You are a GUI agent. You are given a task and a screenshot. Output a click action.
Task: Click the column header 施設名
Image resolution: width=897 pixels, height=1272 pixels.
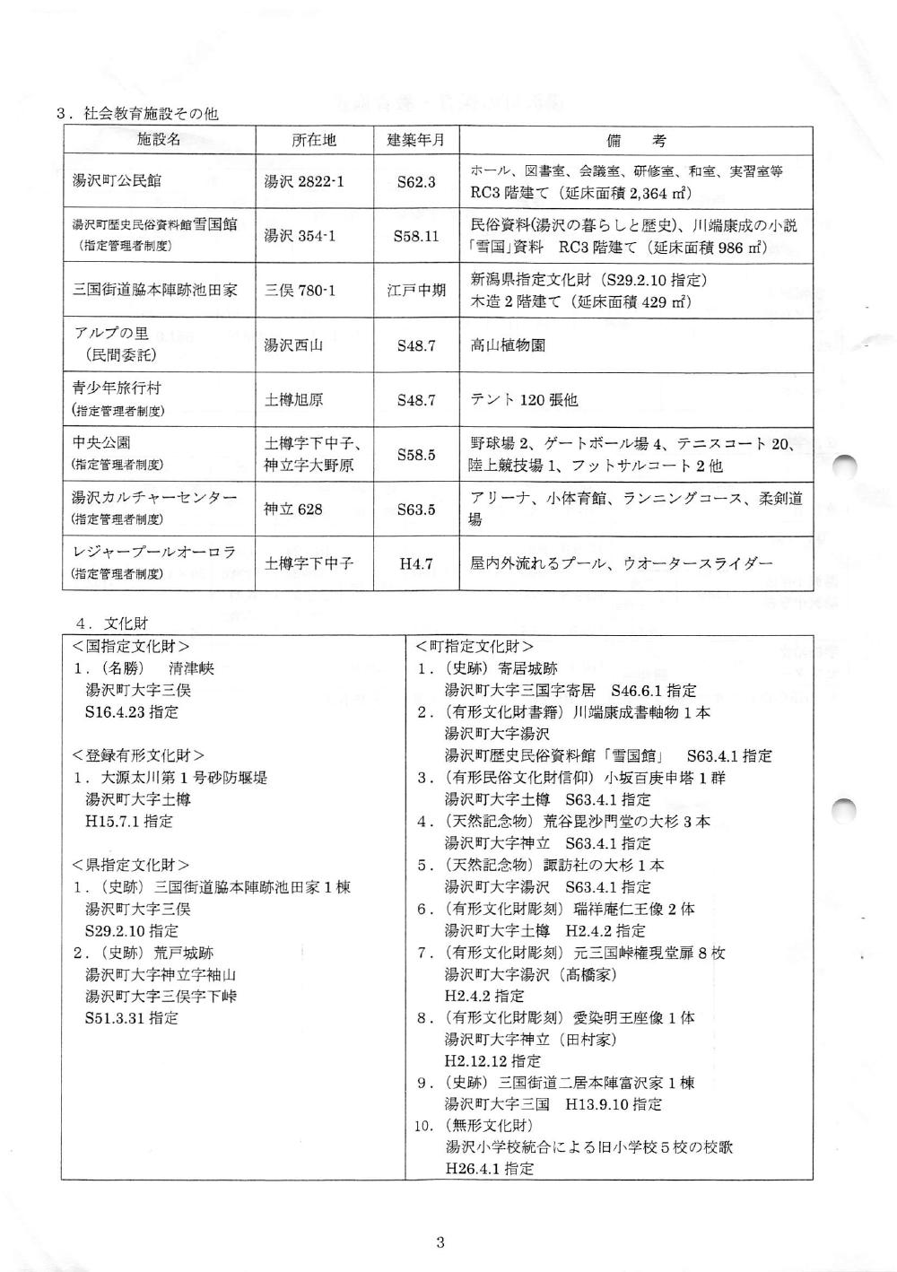[x=159, y=140]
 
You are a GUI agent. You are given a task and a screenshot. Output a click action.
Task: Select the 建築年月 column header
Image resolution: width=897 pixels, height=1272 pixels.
[x=415, y=140]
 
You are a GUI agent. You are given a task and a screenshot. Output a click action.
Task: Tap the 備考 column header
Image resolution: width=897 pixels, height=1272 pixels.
[x=635, y=140]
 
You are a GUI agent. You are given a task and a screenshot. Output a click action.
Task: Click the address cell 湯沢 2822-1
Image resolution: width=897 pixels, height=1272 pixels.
[x=304, y=182]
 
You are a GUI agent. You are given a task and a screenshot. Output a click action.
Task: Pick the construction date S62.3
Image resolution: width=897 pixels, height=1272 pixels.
[x=415, y=182]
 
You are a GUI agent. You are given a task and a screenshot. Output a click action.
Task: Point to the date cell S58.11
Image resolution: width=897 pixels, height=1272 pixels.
[x=415, y=237]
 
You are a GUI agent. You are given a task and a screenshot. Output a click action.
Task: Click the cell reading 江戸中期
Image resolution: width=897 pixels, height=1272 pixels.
[x=415, y=291]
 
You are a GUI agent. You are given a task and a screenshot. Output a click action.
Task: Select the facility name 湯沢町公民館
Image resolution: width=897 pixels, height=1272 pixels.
[x=117, y=181]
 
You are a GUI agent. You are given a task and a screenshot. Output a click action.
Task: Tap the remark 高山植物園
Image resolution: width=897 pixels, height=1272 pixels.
[x=508, y=345]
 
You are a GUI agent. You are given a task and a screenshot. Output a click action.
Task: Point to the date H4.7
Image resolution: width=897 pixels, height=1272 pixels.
[x=415, y=564]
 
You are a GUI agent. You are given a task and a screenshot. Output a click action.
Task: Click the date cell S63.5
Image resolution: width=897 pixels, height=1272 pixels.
[x=415, y=510]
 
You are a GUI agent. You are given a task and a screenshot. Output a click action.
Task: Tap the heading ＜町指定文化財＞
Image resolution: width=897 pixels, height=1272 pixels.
[x=475, y=646]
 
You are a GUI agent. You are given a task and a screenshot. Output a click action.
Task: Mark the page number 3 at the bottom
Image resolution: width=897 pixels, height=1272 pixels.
[x=440, y=1242]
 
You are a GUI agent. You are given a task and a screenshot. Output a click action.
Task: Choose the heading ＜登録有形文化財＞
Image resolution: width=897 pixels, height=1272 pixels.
[x=138, y=755]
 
